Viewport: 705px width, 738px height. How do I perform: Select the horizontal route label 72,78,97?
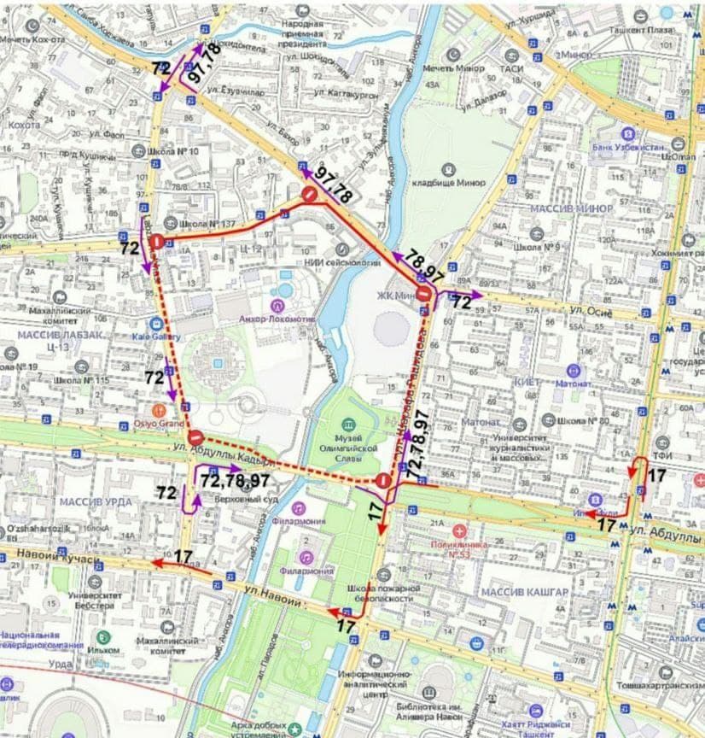[236, 481]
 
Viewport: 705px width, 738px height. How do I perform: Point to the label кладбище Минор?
[449, 183]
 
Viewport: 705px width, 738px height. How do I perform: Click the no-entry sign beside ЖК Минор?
[424, 296]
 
